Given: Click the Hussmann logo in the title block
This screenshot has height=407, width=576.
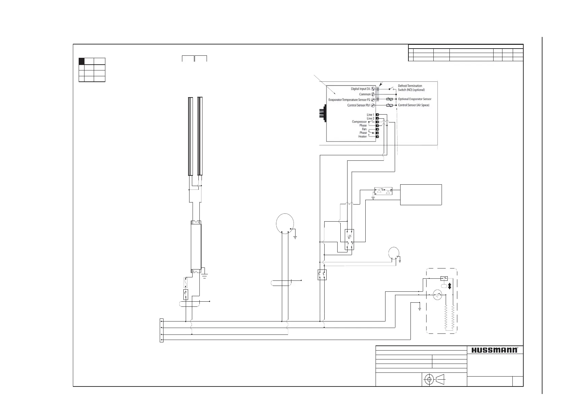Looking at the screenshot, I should [x=495, y=350].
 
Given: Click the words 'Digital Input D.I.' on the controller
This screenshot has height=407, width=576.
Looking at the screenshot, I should [x=361, y=89].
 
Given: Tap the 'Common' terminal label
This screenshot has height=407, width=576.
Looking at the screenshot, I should [x=365, y=94].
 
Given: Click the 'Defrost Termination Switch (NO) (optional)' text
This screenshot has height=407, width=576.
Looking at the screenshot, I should [x=411, y=88].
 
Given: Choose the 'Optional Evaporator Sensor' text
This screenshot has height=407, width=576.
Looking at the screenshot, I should [x=415, y=99].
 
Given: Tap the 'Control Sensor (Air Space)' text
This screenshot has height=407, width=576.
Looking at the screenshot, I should [x=414, y=105].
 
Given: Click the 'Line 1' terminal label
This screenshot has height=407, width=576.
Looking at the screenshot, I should [x=370, y=115].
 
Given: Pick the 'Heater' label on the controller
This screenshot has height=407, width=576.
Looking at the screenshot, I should [x=362, y=136].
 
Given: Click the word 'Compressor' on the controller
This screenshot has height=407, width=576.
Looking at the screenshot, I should [x=359, y=122].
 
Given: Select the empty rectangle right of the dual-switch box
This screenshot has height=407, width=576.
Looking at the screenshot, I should [x=421, y=195].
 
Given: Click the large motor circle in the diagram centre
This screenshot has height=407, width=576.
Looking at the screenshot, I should [x=285, y=223].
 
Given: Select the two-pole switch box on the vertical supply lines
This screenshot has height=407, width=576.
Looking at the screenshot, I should [x=322, y=275].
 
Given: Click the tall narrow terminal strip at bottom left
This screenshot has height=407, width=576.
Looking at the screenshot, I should [x=162, y=330].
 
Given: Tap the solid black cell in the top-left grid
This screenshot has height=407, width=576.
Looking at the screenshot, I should [x=82, y=61].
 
